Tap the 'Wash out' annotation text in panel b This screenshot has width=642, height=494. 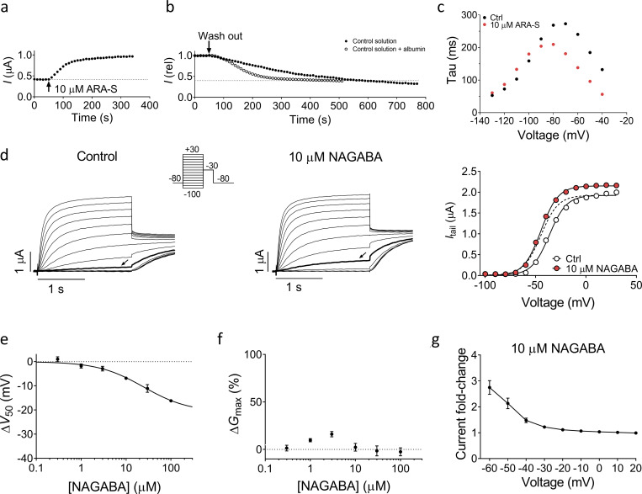pyautogui.click(x=220, y=36)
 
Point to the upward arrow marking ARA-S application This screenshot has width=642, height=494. pyautogui.click(x=49, y=86)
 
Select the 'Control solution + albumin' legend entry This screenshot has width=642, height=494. pyautogui.click(x=385, y=49)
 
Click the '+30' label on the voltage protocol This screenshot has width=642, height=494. pyautogui.click(x=192, y=150)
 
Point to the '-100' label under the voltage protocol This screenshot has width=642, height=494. pyautogui.click(x=192, y=194)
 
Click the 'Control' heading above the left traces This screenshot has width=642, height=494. pyautogui.click(x=97, y=156)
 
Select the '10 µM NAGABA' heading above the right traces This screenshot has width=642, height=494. pyautogui.click(x=336, y=157)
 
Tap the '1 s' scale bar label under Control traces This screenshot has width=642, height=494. pyautogui.click(x=56, y=289)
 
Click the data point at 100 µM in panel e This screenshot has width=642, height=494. pyautogui.click(x=171, y=401)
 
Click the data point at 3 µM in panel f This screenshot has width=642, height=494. pyautogui.click(x=332, y=434)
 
